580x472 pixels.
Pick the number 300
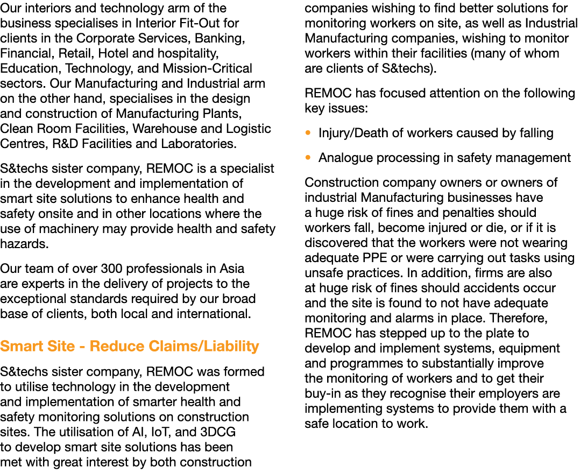[x=117, y=269]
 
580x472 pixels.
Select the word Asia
[x=232, y=269]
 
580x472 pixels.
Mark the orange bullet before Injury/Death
[x=308, y=133]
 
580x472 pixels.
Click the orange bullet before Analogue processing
[x=308, y=158]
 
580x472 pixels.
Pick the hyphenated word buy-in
[x=321, y=394]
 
